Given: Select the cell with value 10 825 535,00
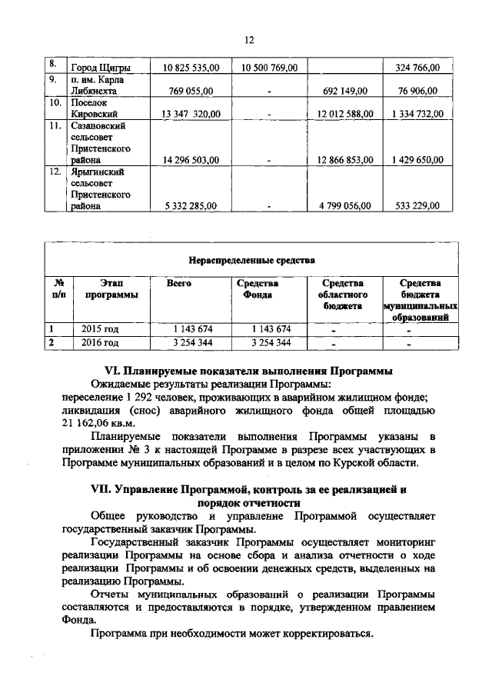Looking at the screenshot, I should tap(188, 68).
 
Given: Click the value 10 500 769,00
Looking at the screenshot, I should tap(269, 68).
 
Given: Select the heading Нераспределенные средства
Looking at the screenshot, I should tap(252, 260).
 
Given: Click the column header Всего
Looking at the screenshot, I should tap(179, 284).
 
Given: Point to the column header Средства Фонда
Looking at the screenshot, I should tap(256, 289).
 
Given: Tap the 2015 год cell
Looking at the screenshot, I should tap(101, 329).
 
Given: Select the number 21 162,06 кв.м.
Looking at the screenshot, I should tap(98, 422).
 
